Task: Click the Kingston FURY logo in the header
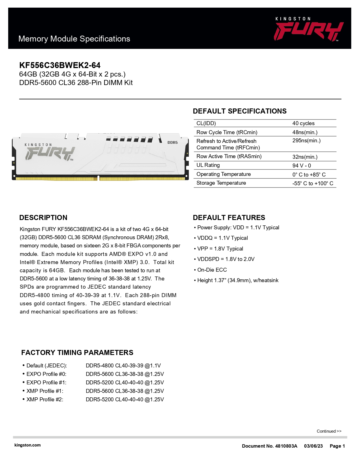click(x=308, y=29)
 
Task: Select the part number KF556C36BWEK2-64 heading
click(x=60, y=66)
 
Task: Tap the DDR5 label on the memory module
click(x=173, y=142)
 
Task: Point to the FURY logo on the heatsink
click(x=50, y=153)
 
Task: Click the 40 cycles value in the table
click(x=303, y=123)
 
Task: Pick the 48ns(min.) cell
click(x=305, y=132)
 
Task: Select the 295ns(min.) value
click(x=306, y=141)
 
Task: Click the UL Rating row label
click(x=208, y=165)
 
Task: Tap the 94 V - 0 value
click(x=302, y=166)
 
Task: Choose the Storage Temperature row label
click(x=221, y=183)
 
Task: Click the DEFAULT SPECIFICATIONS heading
click(x=240, y=111)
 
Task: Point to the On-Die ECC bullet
click(x=212, y=270)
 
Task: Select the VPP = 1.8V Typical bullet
click(x=220, y=249)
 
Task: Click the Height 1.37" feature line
click(x=238, y=280)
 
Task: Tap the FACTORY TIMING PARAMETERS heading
click(x=77, y=353)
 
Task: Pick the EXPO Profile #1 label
click(x=46, y=383)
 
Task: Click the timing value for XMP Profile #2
click(x=125, y=400)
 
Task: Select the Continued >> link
click(x=329, y=431)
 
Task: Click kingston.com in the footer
click(x=27, y=445)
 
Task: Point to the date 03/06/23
click(x=313, y=446)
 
